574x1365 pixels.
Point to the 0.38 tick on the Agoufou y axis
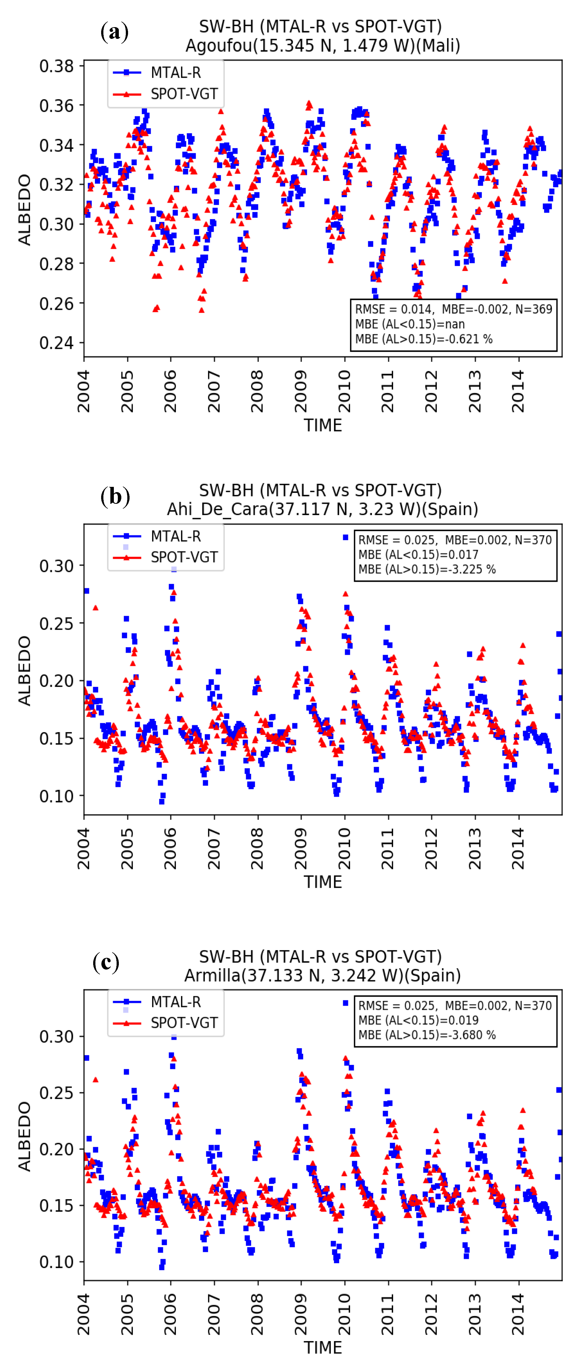(x=56, y=66)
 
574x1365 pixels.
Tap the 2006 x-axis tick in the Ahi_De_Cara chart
(x=170, y=848)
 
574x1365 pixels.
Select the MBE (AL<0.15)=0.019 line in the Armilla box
(x=418, y=1020)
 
